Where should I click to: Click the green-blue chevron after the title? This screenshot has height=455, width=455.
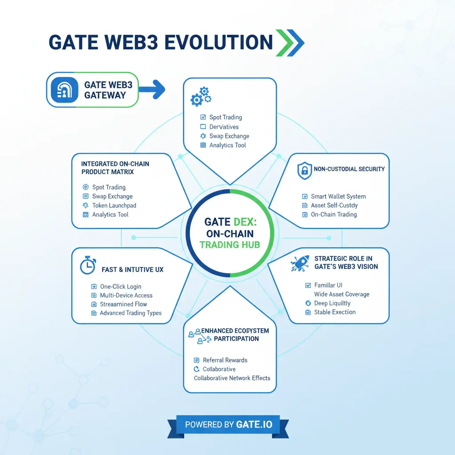(x=290, y=43)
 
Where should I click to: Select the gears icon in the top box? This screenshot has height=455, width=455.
(x=200, y=96)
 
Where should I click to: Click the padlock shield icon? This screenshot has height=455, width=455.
(x=304, y=171)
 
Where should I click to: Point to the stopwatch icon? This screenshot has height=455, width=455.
(x=88, y=265)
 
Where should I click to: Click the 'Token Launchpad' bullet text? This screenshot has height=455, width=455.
(x=114, y=206)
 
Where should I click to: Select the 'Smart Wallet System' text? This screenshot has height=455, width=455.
(x=338, y=196)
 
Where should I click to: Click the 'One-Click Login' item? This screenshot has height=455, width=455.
(x=120, y=287)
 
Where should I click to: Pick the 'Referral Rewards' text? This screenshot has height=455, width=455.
(x=225, y=360)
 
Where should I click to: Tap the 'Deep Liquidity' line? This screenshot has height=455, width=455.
(x=332, y=303)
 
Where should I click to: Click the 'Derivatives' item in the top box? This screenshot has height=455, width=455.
(x=224, y=127)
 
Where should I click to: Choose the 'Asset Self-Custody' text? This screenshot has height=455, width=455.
(x=334, y=205)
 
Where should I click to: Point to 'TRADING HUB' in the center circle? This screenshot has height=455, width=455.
(x=230, y=244)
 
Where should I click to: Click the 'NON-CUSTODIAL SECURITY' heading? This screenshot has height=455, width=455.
(x=349, y=169)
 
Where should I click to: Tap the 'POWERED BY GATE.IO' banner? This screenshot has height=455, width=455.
(x=227, y=424)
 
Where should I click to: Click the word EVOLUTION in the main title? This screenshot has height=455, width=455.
(x=218, y=42)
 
